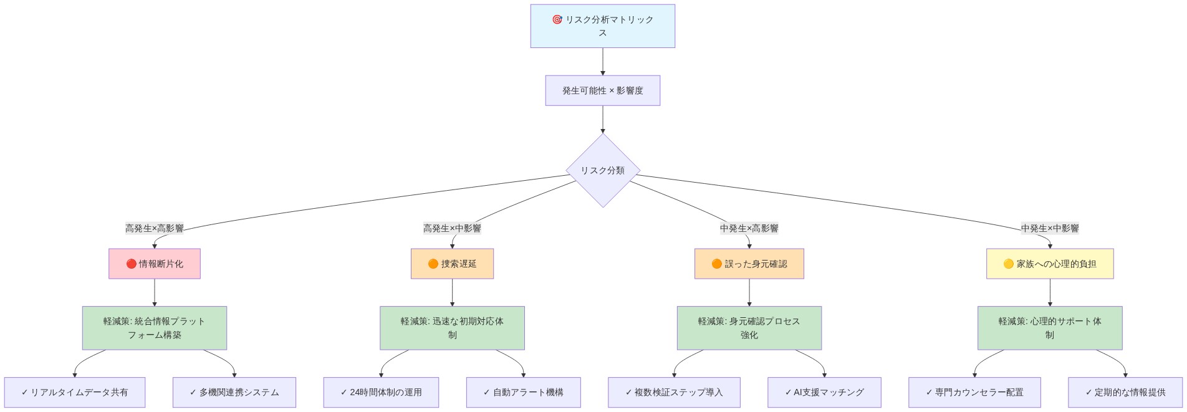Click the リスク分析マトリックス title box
pyautogui.click(x=602, y=26)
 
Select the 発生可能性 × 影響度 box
pyautogui.click(x=602, y=90)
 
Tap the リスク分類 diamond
pyautogui.click(x=602, y=170)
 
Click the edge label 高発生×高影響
pyautogui.click(x=154, y=228)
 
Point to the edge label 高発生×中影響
pyautogui.click(x=452, y=228)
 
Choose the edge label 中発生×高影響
pyautogui.click(x=749, y=228)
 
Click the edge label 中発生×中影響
pyautogui.click(x=1049, y=228)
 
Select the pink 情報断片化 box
pyautogui.click(x=154, y=264)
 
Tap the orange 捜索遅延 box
pyautogui.click(x=452, y=264)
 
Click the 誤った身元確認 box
pyautogui.click(x=749, y=264)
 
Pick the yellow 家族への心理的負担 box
pyautogui.click(x=1049, y=264)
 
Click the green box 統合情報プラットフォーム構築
pyautogui.click(x=154, y=328)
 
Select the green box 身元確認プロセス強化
pyautogui.click(x=749, y=328)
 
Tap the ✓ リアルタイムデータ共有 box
pyautogui.click(x=74, y=392)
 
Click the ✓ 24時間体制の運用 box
pyautogui.click(x=381, y=392)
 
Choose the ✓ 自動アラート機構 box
pyautogui.click(x=523, y=392)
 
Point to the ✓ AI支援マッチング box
pyautogui.click(x=824, y=392)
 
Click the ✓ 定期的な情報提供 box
pyautogui.click(x=1125, y=392)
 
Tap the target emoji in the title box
pyautogui.click(x=557, y=19)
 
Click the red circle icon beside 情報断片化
pyautogui.click(x=131, y=264)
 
